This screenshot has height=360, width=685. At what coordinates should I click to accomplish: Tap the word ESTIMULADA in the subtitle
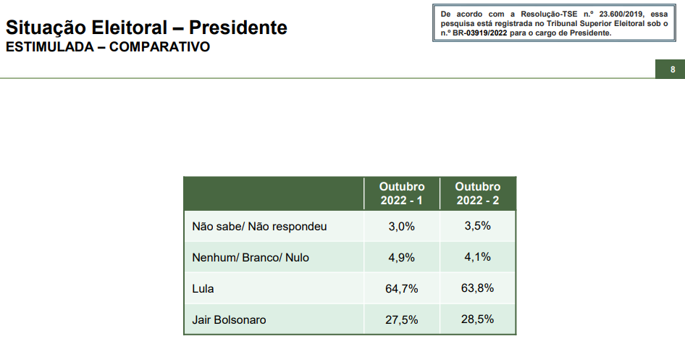pos(49,48)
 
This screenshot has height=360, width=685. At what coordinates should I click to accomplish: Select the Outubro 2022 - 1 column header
pos(402,193)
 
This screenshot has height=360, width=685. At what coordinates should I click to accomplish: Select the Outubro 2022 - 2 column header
pos(478,193)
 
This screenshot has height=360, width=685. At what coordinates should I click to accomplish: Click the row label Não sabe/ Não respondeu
pos(259,227)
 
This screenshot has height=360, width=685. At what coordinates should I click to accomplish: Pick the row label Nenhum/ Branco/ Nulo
pos(251,257)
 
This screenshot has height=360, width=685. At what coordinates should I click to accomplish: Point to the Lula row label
pos(203,288)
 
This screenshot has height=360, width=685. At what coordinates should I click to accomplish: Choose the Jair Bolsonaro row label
pos(229,319)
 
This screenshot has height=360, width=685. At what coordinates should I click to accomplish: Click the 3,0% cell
pos(402,227)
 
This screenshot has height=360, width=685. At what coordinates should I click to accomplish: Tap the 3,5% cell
pos(478,226)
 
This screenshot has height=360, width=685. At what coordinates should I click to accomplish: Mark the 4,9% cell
pos(402,257)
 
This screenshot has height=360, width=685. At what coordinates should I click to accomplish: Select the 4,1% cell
pos(478,256)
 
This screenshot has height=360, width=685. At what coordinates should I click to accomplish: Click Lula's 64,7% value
pos(402,288)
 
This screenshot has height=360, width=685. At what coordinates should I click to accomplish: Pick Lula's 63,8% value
pos(478,288)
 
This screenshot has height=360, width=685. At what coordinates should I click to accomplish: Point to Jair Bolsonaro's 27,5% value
pos(402,319)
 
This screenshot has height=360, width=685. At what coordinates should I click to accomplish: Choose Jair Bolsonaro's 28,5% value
pos(478,319)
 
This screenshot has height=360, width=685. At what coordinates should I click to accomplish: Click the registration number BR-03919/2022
pos(480,33)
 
